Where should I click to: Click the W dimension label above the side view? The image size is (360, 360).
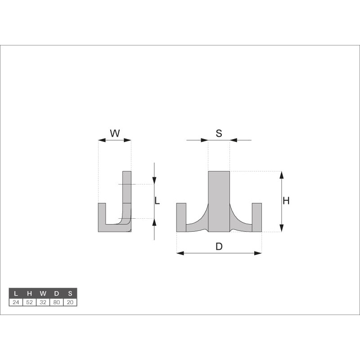pyautogui.click(x=115, y=133)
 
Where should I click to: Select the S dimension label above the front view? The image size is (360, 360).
pyautogui.click(x=219, y=133)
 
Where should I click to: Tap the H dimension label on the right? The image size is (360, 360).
pyautogui.click(x=286, y=201)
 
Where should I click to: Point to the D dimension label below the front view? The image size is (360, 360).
pyautogui.click(x=219, y=247)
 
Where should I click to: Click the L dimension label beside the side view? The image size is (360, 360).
pyautogui.click(x=157, y=201)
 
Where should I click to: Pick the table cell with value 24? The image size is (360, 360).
pyautogui.click(x=16, y=302)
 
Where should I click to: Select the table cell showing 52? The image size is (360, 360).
pyautogui.click(x=29, y=302)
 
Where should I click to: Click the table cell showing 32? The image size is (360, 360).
pyautogui.click(x=43, y=302)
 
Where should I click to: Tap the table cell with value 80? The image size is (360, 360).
pyautogui.click(x=57, y=302)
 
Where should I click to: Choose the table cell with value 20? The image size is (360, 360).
pyautogui.click(x=70, y=302)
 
